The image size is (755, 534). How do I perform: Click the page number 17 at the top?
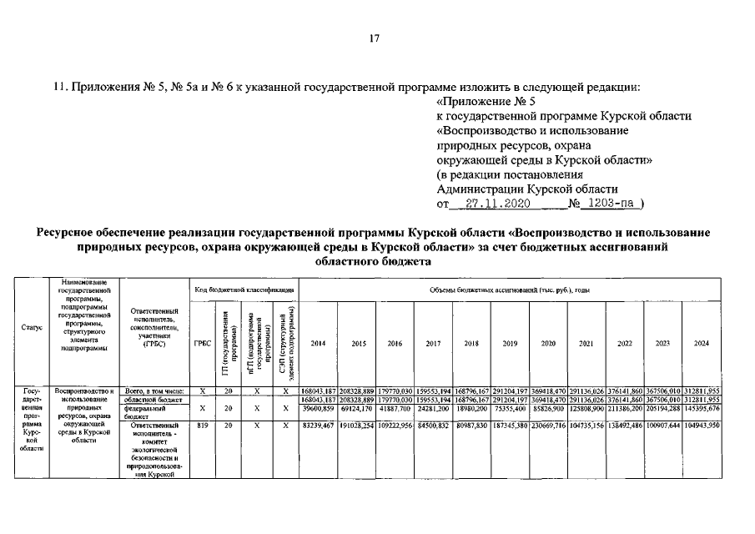coord(375,37)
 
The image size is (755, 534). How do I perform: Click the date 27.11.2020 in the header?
coord(493,203)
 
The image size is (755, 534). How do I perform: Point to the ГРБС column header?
coord(202,343)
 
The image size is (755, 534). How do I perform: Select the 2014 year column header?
coord(318,343)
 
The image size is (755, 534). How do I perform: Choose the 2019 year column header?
coord(510,343)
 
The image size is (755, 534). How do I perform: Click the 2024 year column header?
coord(702,343)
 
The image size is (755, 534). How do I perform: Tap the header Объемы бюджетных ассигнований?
coord(510,288)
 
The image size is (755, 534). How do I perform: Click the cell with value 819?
coord(202,426)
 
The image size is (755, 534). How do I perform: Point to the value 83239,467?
coord(318,426)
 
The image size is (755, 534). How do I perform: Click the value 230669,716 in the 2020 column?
coord(548,426)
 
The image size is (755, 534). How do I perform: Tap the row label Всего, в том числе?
coord(153,390)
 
